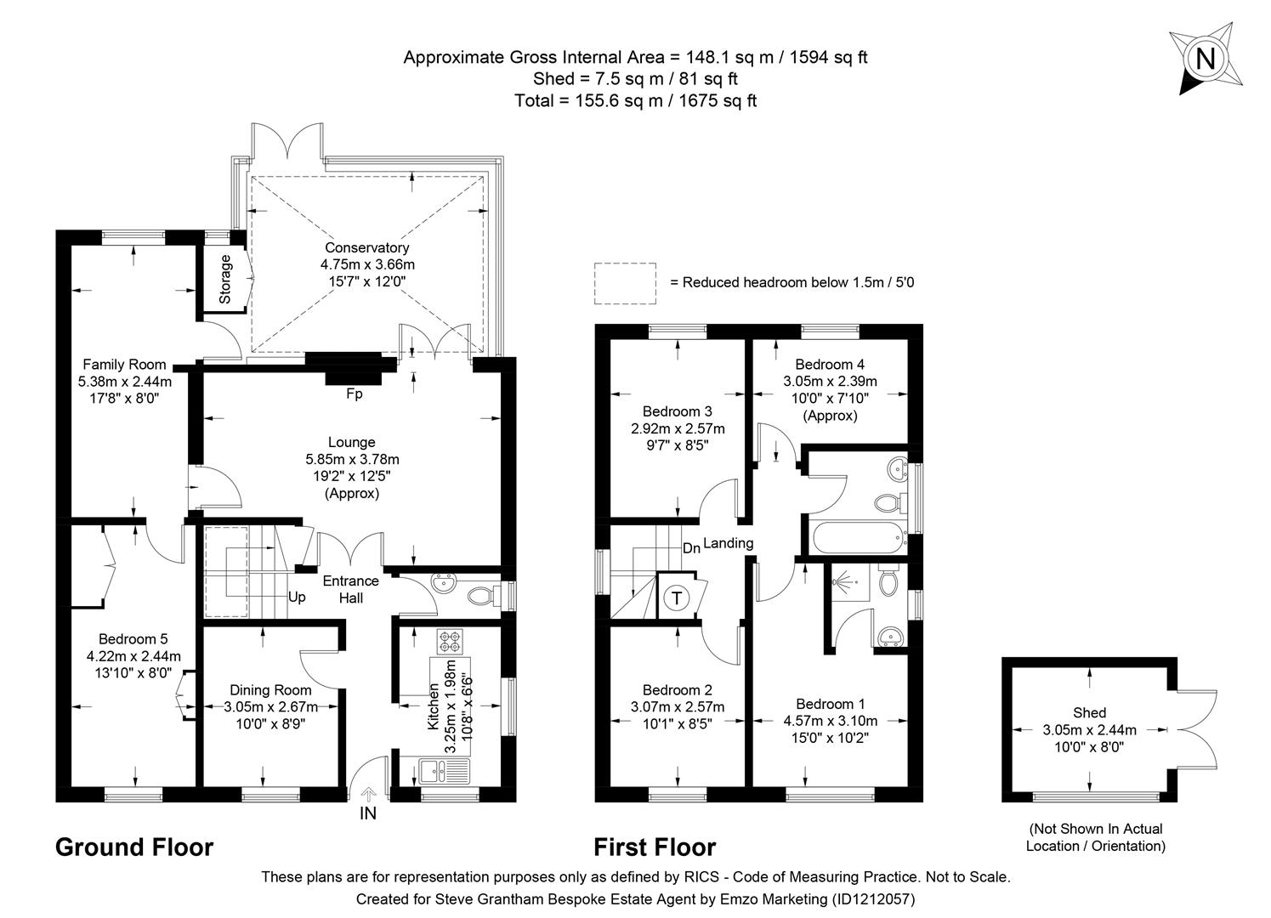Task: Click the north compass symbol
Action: point(1204,59)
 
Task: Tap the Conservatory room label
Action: point(366,247)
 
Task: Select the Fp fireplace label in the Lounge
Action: point(354,394)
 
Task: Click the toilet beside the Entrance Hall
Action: point(484,595)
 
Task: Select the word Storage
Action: point(225,279)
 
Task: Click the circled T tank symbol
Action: point(677,598)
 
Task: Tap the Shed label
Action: point(1089,712)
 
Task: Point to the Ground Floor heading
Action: point(133,847)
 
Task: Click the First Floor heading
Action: point(654,847)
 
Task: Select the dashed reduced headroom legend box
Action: point(625,283)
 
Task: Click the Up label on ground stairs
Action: point(296,597)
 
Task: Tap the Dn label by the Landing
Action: point(691,548)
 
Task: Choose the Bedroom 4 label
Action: point(829,365)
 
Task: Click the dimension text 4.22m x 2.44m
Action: point(133,655)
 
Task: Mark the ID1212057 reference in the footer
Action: point(871,898)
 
